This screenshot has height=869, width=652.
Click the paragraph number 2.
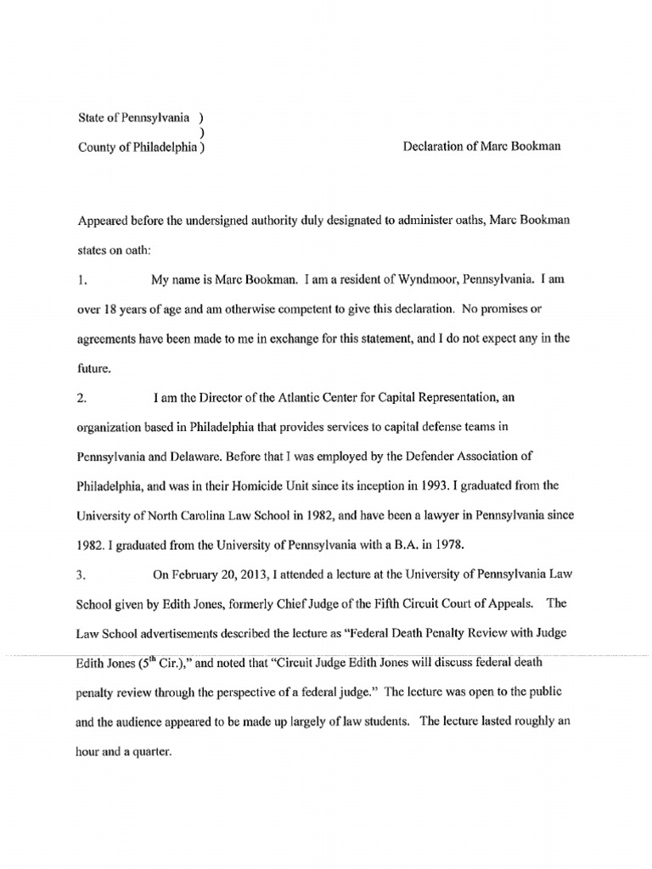pos(81,396)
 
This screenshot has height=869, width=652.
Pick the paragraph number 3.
pos(81,574)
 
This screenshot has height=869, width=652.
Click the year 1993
pos(424,485)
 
